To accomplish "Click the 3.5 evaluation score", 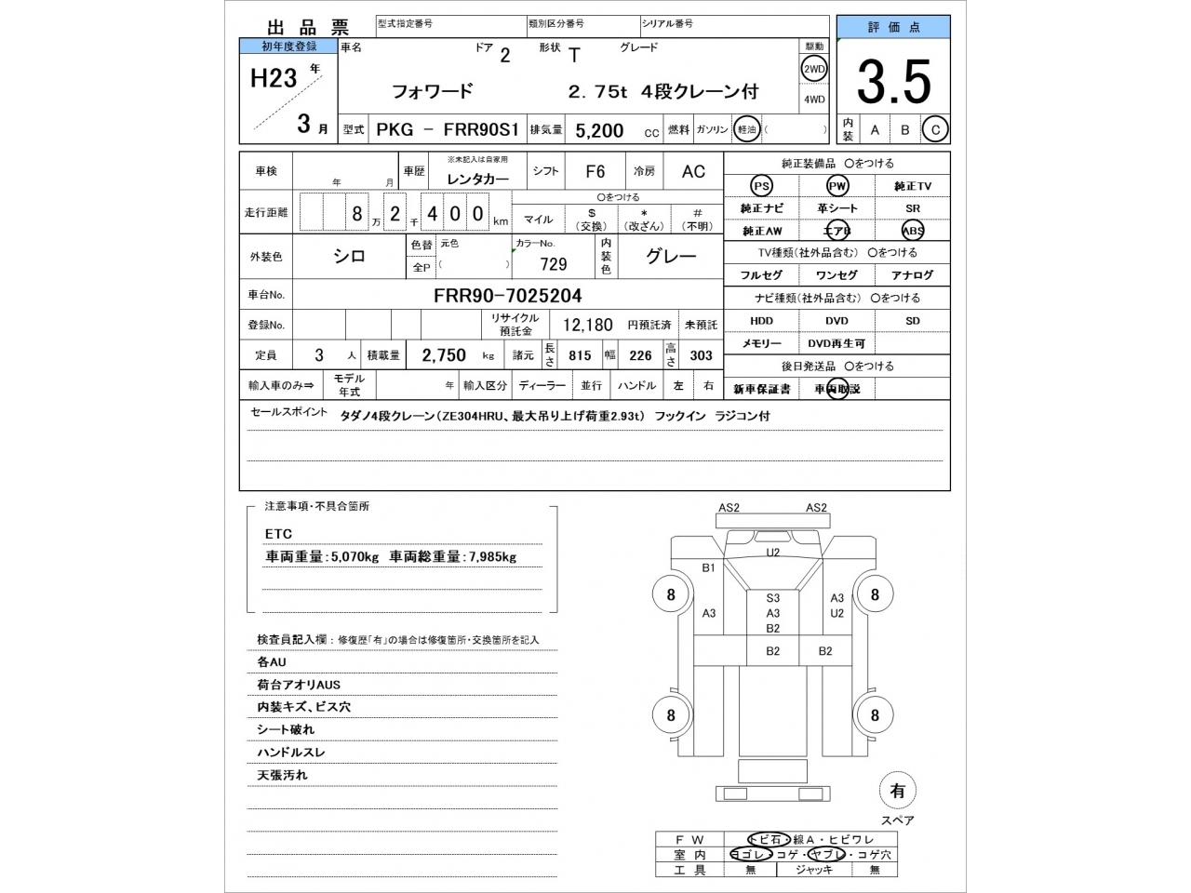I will pyautogui.click(x=893, y=83).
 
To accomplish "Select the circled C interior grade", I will pyautogui.click(x=935, y=130).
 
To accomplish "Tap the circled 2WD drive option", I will pyautogui.click(x=814, y=69).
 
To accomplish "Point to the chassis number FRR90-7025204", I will pyautogui.click(x=507, y=296).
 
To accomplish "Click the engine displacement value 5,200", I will pyautogui.click(x=599, y=131).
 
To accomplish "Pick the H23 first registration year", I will pyautogui.click(x=274, y=78).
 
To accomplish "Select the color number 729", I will pyautogui.click(x=553, y=264).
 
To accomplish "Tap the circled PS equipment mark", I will pyautogui.click(x=761, y=186).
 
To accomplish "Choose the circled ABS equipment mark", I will pyautogui.click(x=912, y=231).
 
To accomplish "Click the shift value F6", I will pyautogui.click(x=595, y=171).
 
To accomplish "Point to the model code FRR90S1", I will pyautogui.click(x=481, y=130).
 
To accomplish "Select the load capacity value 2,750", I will pyautogui.click(x=444, y=355).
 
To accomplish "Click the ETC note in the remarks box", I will pyautogui.click(x=278, y=534).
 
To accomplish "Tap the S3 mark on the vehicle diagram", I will pyautogui.click(x=773, y=598).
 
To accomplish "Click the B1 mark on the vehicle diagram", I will pyautogui.click(x=708, y=567).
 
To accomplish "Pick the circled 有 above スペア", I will pyautogui.click(x=897, y=791).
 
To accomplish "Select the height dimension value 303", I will pyautogui.click(x=701, y=355).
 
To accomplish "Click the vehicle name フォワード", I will pyautogui.click(x=432, y=91).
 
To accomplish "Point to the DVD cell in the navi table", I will pyautogui.click(x=836, y=321).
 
